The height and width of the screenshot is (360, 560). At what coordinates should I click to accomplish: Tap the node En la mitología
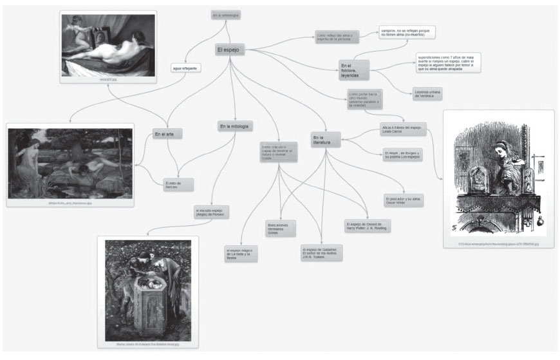pos(235,126)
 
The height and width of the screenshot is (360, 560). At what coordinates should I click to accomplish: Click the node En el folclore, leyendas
pos(354,70)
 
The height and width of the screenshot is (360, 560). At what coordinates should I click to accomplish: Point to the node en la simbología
pos(226,14)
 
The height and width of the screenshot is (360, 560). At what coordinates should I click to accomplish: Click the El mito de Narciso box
pos(175,185)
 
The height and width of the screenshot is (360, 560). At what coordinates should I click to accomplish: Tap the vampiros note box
pos(407,33)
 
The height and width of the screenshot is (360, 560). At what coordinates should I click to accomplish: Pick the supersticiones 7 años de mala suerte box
pos(448,63)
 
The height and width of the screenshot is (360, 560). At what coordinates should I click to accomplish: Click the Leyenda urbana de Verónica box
pos(427,94)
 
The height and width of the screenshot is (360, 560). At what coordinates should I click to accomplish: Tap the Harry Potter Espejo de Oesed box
pos(368,226)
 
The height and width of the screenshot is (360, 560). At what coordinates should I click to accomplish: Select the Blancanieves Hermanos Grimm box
pos(281,229)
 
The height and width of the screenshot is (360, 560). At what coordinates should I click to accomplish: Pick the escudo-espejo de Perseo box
pos(212,212)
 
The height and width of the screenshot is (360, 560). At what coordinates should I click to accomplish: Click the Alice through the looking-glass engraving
pos(498,178)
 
